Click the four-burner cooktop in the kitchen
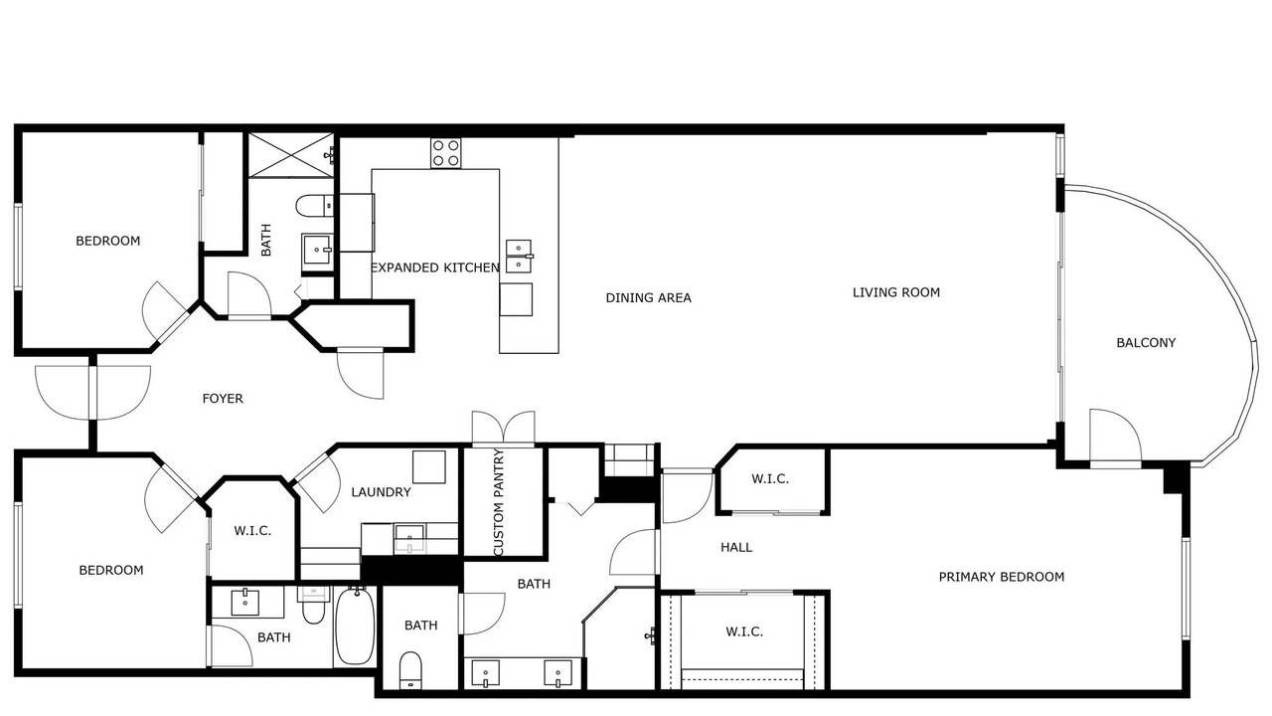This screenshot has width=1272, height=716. tap(446, 153)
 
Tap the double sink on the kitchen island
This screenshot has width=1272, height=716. tap(519, 257)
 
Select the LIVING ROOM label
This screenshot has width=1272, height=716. tap(896, 292)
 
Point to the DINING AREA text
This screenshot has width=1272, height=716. tap(649, 297)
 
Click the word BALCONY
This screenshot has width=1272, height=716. tap(1146, 343)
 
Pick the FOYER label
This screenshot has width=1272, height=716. tap(223, 399)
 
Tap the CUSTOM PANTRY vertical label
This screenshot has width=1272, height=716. tap(499, 502)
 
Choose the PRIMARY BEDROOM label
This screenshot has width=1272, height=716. tap(1002, 578)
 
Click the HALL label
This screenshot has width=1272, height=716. tap(736, 548)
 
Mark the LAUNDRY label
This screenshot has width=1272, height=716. tap(381, 492)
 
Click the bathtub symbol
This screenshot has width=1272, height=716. tap(355, 626)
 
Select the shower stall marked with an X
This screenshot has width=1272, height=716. tap(291, 155)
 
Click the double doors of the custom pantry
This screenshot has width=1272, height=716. tap(503, 430)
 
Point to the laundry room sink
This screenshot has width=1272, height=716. tap(409, 538)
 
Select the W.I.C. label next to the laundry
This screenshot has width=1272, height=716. tap(252, 531)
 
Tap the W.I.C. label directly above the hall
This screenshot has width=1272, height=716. tap(770, 479)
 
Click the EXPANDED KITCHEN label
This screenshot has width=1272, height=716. tap(435, 268)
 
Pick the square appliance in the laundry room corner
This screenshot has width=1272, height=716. tap(428, 466)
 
